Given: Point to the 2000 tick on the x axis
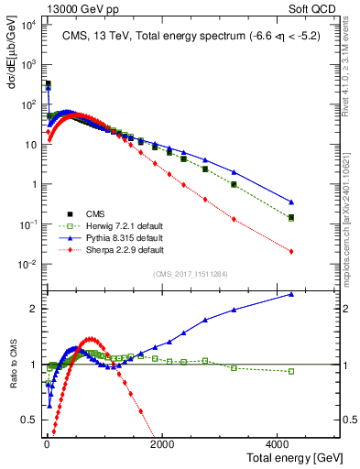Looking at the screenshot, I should [161, 442].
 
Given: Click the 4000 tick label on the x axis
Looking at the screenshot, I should [278, 442].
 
